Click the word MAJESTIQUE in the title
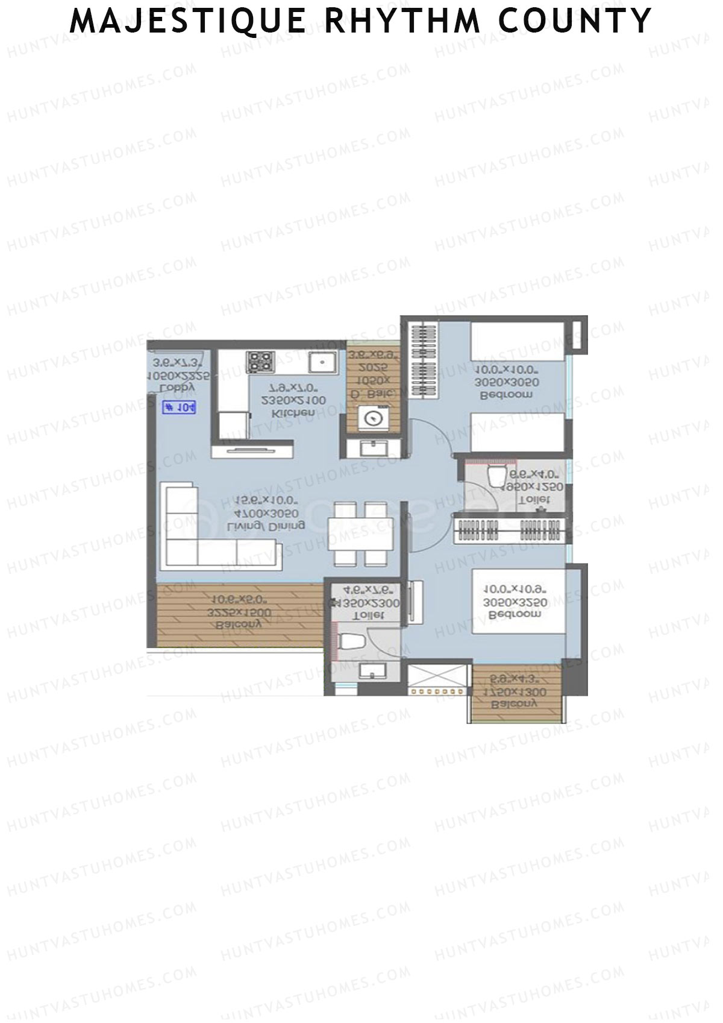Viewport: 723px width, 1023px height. tap(188, 20)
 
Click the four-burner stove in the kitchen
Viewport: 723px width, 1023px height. tap(260, 362)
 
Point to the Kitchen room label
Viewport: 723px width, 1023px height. tap(293, 414)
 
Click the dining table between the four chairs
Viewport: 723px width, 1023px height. tap(360, 534)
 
